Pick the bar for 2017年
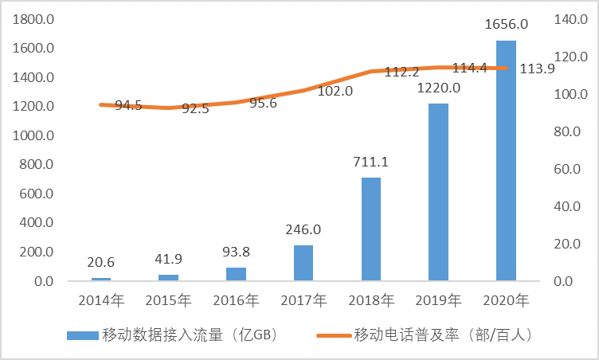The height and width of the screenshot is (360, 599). tap(303, 263)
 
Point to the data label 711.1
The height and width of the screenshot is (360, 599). tap(370, 162)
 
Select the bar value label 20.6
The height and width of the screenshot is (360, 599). tap(100, 264)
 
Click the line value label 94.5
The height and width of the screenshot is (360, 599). tap(128, 105)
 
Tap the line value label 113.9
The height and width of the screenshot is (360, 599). tap(536, 68)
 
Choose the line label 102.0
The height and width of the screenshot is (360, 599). tap(335, 92)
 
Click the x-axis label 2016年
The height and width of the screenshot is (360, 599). tap(236, 301)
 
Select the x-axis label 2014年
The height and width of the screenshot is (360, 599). tap(100, 301)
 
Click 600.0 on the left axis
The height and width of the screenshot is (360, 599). tap(36, 194)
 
